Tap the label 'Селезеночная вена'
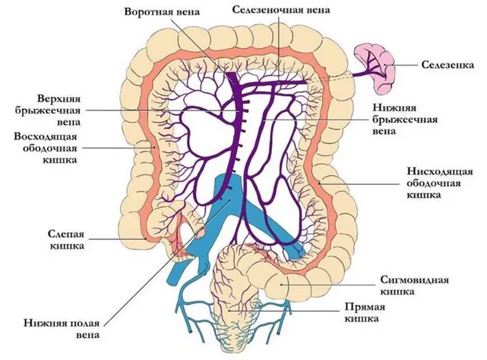click(280, 10)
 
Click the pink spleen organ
click(376, 67)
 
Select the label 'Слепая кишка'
click(66, 239)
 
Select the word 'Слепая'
click(66, 234)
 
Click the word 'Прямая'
click(360, 307)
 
